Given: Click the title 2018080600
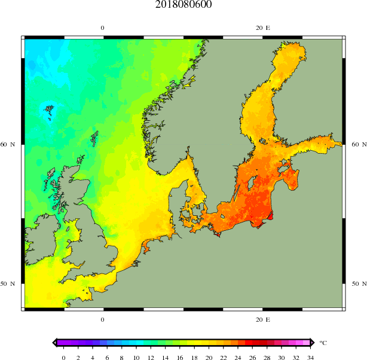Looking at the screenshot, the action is point(183,5).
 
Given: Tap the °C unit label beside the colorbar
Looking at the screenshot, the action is point(323,343).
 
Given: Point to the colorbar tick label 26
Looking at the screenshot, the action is point(252,357).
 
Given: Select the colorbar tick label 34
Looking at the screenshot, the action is point(310,357).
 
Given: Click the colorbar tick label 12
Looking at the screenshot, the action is point(151,357).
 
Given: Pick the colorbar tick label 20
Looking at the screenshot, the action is point(209,357).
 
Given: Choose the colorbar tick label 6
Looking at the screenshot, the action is point(107,357).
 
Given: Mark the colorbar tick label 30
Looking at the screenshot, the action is point(281,357).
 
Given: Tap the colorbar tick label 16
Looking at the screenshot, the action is point(179,357).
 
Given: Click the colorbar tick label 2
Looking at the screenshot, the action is point(78,357).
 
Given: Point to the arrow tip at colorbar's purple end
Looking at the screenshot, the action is point(54,343).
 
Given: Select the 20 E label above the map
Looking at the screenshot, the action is point(262,28).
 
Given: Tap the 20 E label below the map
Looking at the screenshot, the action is point(262,320).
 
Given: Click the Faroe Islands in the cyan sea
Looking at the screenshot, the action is point(48,111).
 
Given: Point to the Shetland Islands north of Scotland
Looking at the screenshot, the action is point(94,139).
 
